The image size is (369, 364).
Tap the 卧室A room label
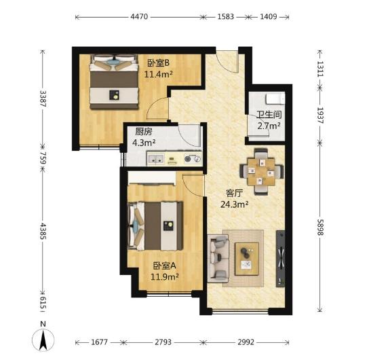[x=165, y=266]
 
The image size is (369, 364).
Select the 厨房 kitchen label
[x=144, y=132]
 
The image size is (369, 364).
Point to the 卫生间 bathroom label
[x=269, y=115]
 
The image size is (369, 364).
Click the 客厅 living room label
[x=234, y=193]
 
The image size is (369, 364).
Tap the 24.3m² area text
[x=235, y=204]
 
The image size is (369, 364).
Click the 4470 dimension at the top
[x=139, y=17]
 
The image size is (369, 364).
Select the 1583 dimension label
[x=225, y=17]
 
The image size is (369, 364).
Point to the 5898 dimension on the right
[x=320, y=227]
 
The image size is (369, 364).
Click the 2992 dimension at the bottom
[x=246, y=342]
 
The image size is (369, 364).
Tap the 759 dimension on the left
[x=43, y=158]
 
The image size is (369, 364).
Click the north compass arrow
[x=43, y=340]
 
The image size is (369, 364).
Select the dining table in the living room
[x=261, y=172]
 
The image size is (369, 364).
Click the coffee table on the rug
[x=247, y=259]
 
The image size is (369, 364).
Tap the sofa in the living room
[x=218, y=259]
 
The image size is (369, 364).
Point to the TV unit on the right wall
[x=280, y=259]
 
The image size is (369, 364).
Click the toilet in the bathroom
[x=275, y=98]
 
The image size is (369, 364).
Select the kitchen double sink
[x=155, y=159]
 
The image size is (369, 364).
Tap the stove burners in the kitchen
[x=193, y=159]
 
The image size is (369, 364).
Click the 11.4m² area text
[x=158, y=74]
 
